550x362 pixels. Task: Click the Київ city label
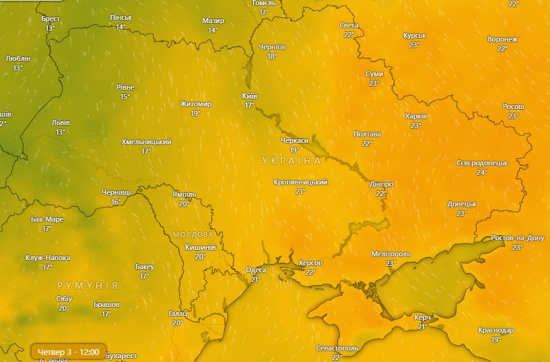(x=250, y=96)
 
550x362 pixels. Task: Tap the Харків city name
(x=416, y=117)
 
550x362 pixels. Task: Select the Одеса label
(x=256, y=270)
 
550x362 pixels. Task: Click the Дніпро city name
(x=382, y=185)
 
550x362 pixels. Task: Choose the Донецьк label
(x=462, y=204)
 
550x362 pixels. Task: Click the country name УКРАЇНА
(x=292, y=160)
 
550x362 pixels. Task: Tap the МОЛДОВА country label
(x=193, y=234)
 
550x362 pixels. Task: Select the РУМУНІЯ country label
(x=88, y=285)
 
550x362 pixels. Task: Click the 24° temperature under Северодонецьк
(x=482, y=172)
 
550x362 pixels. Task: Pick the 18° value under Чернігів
(x=272, y=56)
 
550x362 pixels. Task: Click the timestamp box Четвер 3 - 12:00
(x=69, y=352)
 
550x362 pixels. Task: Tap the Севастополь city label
(x=337, y=349)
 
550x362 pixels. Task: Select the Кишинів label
(x=200, y=247)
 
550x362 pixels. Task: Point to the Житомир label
(x=196, y=104)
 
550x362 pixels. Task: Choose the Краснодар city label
(x=496, y=331)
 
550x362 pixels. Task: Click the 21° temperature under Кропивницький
(x=300, y=192)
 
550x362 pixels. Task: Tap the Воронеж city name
(x=503, y=40)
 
